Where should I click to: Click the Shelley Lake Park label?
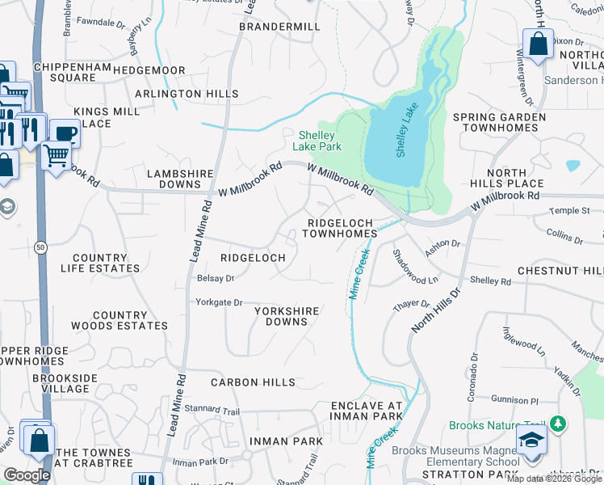tap(320, 141)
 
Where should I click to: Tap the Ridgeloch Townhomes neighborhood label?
tap(339, 227)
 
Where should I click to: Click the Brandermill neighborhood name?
tap(279, 27)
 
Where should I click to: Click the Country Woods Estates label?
tap(120, 320)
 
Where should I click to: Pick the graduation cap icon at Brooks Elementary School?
tap(532, 441)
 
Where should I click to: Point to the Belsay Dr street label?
tap(215, 278)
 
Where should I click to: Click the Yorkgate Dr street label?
tap(219, 302)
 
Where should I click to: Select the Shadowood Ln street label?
tap(414, 265)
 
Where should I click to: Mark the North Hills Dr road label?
tap(434, 310)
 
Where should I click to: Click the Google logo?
tap(27, 475)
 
